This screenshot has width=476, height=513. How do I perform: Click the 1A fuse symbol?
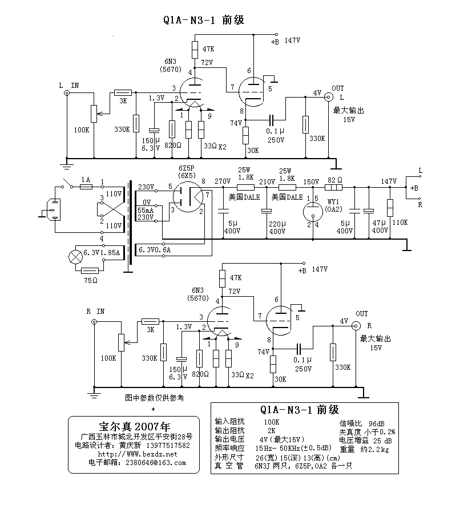[x=86, y=187]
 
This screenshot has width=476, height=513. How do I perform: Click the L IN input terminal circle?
[x=67, y=93]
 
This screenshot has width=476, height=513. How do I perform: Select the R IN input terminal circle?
[x=94, y=322]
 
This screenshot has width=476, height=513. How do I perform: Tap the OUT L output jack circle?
[x=328, y=97]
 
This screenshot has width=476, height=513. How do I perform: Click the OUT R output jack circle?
[x=356, y=326]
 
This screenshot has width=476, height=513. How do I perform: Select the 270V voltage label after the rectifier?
[x=222, y=181]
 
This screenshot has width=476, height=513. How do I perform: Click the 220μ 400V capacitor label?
[x=277, y=227]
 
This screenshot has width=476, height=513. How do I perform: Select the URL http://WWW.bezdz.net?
[x=134, y=454]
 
